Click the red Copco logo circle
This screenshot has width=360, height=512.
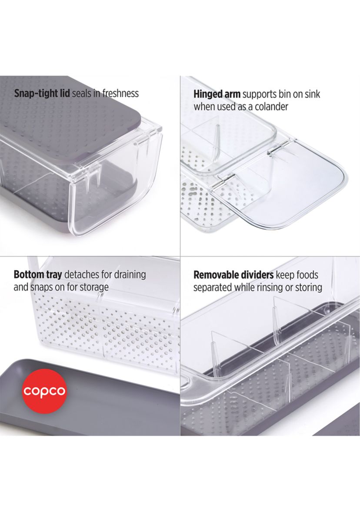[x=44, y=391]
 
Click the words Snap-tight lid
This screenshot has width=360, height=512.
[x=42, y=94]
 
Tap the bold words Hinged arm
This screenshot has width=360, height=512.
[x=217, y=94]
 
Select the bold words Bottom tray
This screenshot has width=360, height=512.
[x=37, y=274]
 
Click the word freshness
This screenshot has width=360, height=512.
[x=120, y=94]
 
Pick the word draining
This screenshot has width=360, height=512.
[x=130, y=275]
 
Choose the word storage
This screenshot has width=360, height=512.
[x=93, y=288]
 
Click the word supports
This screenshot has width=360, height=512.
[x=260, y=95]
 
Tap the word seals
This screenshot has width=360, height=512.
[x=81, y=94]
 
